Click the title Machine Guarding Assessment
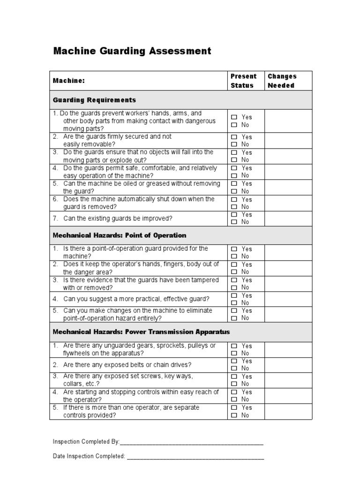(x=132, y=51)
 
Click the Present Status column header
(x=243, y=81)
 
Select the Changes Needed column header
(x=282, y=81)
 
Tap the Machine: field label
(x=69, y=81)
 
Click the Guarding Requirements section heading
(x=94, y=100)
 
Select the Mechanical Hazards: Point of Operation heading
(x=120, y=235)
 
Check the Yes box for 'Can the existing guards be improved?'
(x=234, y=215)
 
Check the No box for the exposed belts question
(x=234, y=368)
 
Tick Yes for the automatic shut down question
(x=234, y=199)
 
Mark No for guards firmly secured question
(x=234, y=144)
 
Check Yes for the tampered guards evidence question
(x=234, y=280)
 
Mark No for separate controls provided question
(x=234, y=415)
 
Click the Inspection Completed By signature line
(x=192, y=442)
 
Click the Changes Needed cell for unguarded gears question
(x=288, y=349)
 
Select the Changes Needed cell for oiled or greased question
(x=288, y=187)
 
